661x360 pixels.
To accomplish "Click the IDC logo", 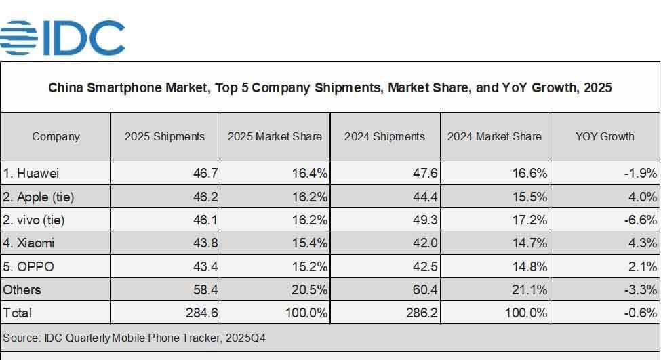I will point(62,37).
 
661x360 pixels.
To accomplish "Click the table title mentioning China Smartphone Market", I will point(330,88).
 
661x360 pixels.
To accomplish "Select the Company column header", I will point(56,136).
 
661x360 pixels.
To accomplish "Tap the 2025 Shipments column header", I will point(165,136).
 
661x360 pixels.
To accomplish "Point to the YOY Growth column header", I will point(605,136).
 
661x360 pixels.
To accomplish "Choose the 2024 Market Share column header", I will point(494,136).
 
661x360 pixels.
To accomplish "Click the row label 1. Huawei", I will point(31,174).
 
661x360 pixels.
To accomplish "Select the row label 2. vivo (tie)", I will point(35,220).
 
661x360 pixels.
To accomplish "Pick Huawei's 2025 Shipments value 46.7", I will point(205,174).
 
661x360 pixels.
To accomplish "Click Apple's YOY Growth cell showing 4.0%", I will point(642,197).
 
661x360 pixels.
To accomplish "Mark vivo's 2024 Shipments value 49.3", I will point(424,220).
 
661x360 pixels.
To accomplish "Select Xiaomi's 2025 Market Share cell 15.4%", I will point(309,243).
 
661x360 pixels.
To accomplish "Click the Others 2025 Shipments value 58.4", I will point(205,289).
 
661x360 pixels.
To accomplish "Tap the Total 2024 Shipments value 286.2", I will point(420,313).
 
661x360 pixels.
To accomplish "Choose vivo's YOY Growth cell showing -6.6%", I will point(640,220).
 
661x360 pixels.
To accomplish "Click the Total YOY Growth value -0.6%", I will point(640,313).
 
